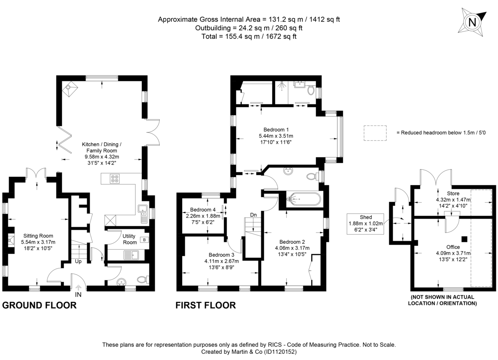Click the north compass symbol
click(x=472, y=22)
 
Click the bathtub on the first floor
click(x=302, y=199)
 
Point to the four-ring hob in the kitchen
click(x=115, y=179)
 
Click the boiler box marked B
click(x=144, y=240)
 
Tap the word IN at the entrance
click(x=78, y=295)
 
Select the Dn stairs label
click(x=253, y=215)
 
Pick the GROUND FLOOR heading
click(x=39, y=306)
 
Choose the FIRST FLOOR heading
click(x=205, y=306)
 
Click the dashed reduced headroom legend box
click(x=375, y=132)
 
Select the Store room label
click(x=453, y=193)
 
